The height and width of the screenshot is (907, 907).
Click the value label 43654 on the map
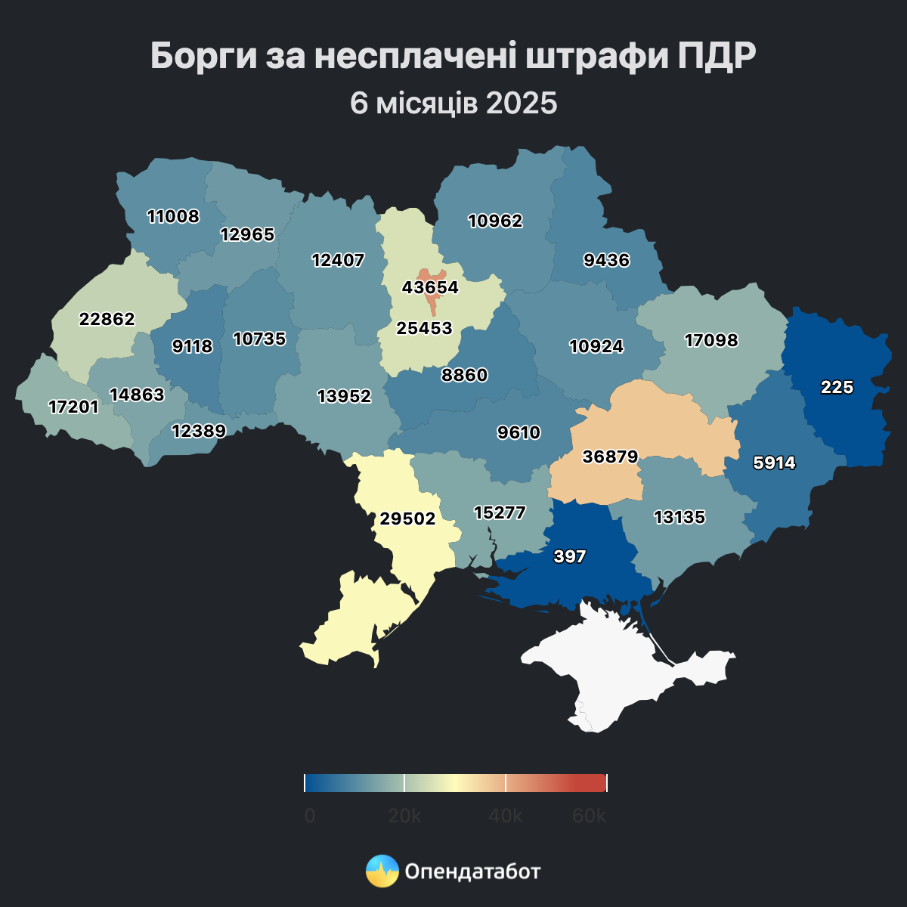430,288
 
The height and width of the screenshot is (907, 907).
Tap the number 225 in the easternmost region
837,388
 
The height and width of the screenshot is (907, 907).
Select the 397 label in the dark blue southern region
570,557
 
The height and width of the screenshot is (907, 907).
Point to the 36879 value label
610,457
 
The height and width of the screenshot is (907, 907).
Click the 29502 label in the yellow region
407,519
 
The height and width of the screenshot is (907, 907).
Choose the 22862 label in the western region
107,320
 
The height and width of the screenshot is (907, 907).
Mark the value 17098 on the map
710,341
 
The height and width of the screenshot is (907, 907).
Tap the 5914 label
775,463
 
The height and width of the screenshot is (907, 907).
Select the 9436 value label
606,261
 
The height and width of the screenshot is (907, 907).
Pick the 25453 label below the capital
424,329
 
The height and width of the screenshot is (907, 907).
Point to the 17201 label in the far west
73,407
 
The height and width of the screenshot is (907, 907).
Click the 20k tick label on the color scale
404,816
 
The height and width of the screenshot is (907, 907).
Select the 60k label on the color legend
589,816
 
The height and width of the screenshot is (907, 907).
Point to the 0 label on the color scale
310,816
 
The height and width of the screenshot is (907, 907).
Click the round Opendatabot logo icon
382,871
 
